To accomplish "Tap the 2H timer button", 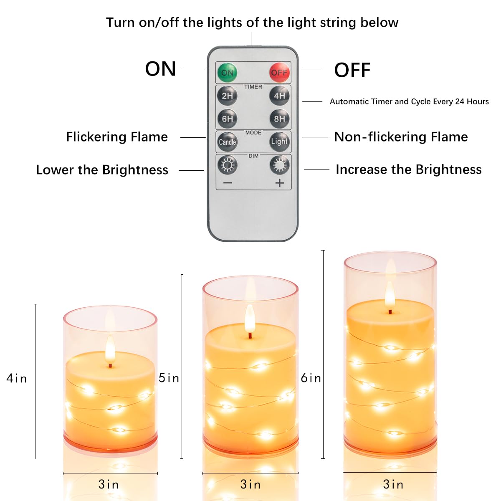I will tap(227, 96).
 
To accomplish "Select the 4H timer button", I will tap(279, 96).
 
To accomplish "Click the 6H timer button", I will tap(227, 119).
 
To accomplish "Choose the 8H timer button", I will tap(279, 119).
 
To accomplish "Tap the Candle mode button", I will tap(227, 142).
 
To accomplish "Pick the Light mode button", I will tap(279, 142).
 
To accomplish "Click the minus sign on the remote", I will tap(228, 183).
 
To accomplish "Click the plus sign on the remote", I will tap(279, 183).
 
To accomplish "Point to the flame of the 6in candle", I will tap(390, 294).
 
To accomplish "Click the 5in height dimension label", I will tap(169, 378).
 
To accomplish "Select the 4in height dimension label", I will tap(17, 378).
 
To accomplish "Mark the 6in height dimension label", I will tap(311, 378).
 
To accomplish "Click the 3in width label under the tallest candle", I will tap(393, 484).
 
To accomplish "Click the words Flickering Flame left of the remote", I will tap(117, 137).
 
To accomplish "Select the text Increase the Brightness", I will tap(408, 170).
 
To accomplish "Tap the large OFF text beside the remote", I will tap(352, 70).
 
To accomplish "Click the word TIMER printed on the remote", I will tap(253, 87).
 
